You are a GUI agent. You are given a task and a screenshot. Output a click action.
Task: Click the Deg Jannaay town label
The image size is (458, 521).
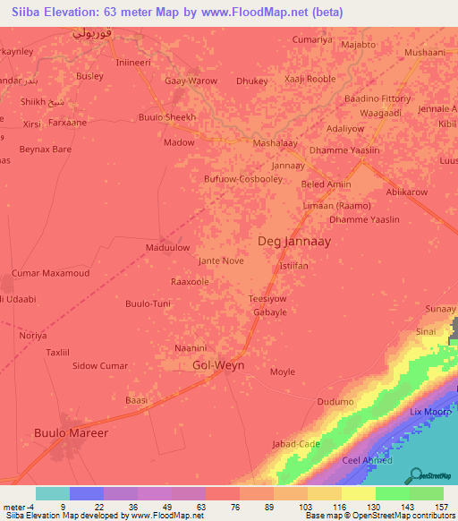[295, 241]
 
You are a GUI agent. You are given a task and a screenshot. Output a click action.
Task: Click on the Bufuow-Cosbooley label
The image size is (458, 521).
[243, 179]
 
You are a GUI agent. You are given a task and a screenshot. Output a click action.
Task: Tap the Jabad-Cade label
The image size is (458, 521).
[295, 444]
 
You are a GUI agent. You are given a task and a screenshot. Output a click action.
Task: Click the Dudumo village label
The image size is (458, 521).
[335, 402]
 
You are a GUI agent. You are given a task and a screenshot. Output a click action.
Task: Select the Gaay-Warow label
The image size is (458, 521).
[191, 81]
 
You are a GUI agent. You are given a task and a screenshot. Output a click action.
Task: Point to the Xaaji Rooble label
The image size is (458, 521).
[310, 81]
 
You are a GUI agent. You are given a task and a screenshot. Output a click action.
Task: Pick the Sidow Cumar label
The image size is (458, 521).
[99, 366]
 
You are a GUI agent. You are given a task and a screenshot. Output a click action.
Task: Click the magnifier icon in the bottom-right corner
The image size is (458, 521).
[415, 475]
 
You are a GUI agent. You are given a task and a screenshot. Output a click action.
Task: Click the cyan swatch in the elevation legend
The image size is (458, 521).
[52, 493]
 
